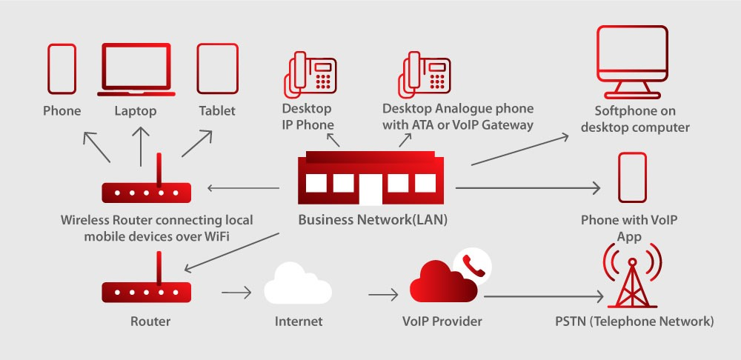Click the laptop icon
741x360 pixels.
[x=137, y=69]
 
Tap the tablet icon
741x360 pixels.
[x=216, y=68]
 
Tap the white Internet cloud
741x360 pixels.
[x=297, y=284]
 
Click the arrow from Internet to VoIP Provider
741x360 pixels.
[x=383, y=295]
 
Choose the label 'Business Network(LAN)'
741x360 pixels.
[x=373, y=220]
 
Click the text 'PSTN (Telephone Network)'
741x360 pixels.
[x=634, y=321]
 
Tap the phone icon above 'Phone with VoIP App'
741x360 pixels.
[x=632, y=178]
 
